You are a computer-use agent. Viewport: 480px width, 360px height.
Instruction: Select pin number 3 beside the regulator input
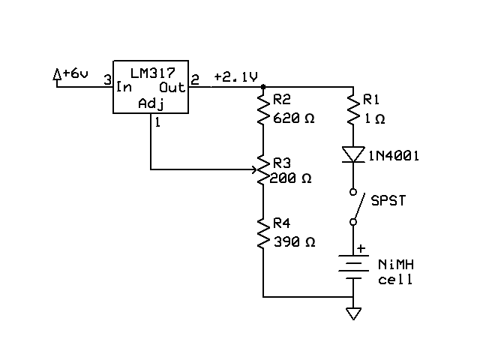[x=107, y=79]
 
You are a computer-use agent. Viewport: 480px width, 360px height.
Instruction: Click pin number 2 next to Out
[x=196, y=79]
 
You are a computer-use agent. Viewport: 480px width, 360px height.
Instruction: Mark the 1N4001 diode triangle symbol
[x=351, y=154]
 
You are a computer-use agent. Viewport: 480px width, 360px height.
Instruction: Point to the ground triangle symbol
[x=352, y=313]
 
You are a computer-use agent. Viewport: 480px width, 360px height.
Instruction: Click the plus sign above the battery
[x=361, y=248]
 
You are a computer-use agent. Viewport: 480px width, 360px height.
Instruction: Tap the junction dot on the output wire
[x=263, y=87]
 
